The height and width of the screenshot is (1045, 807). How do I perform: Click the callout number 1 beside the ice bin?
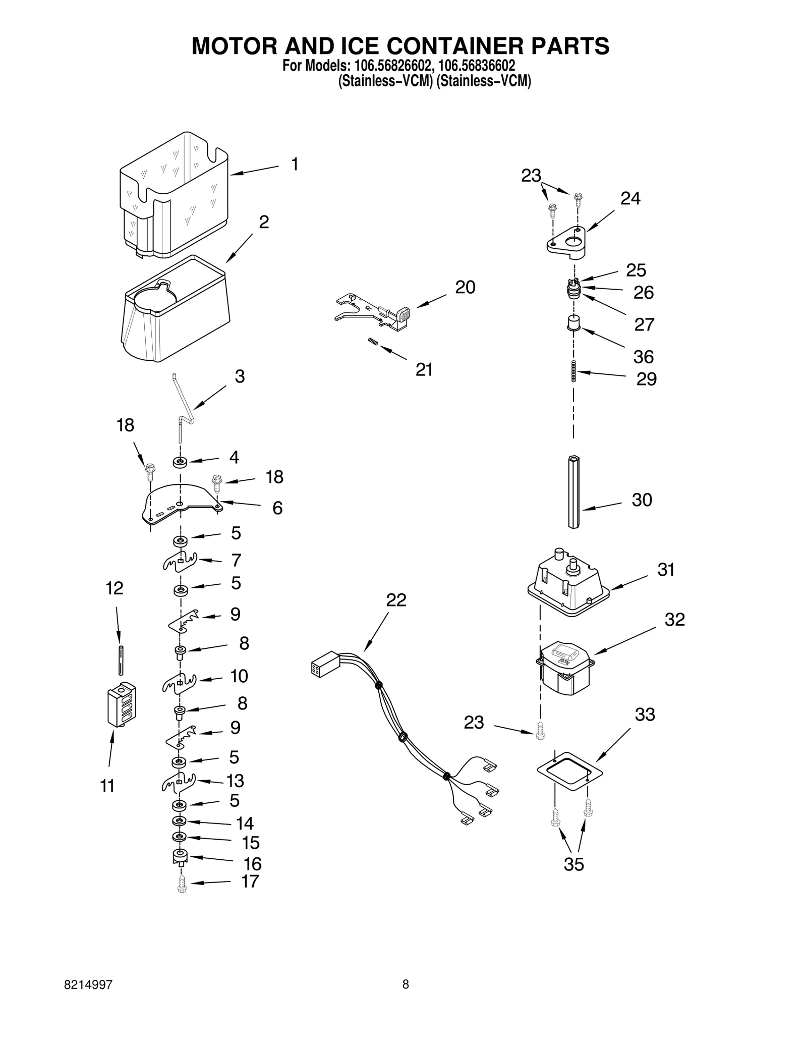click(295, 164)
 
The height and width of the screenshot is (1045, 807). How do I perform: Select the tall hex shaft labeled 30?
click(573, 491)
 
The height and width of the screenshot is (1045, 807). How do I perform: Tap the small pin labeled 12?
click(121, 660)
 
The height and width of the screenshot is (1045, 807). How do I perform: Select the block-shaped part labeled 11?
click(122, 704)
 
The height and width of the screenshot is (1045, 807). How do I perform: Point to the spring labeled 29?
click(573, 372)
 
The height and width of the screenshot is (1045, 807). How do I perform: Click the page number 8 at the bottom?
click(406, 984)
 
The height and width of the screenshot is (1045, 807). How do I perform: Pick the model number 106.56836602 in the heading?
click(477, 66)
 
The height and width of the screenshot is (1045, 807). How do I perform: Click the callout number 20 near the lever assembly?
click(465, 287)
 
